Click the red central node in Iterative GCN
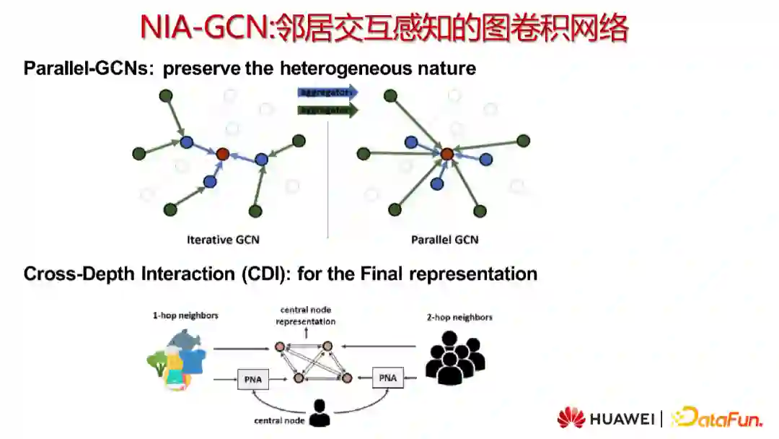coord(222,153)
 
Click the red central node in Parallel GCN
coord(447,153)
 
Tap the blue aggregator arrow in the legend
coord(327,92)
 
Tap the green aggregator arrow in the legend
coord(327,110)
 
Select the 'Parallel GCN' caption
coord(444,240)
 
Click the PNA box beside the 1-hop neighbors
coord(252,378)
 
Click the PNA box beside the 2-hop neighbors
coord(388,378)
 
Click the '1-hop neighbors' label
coord(185,316)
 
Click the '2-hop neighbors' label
coord(459,317)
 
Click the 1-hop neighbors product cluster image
coord(177,360)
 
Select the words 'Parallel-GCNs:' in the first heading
coord(89,69)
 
